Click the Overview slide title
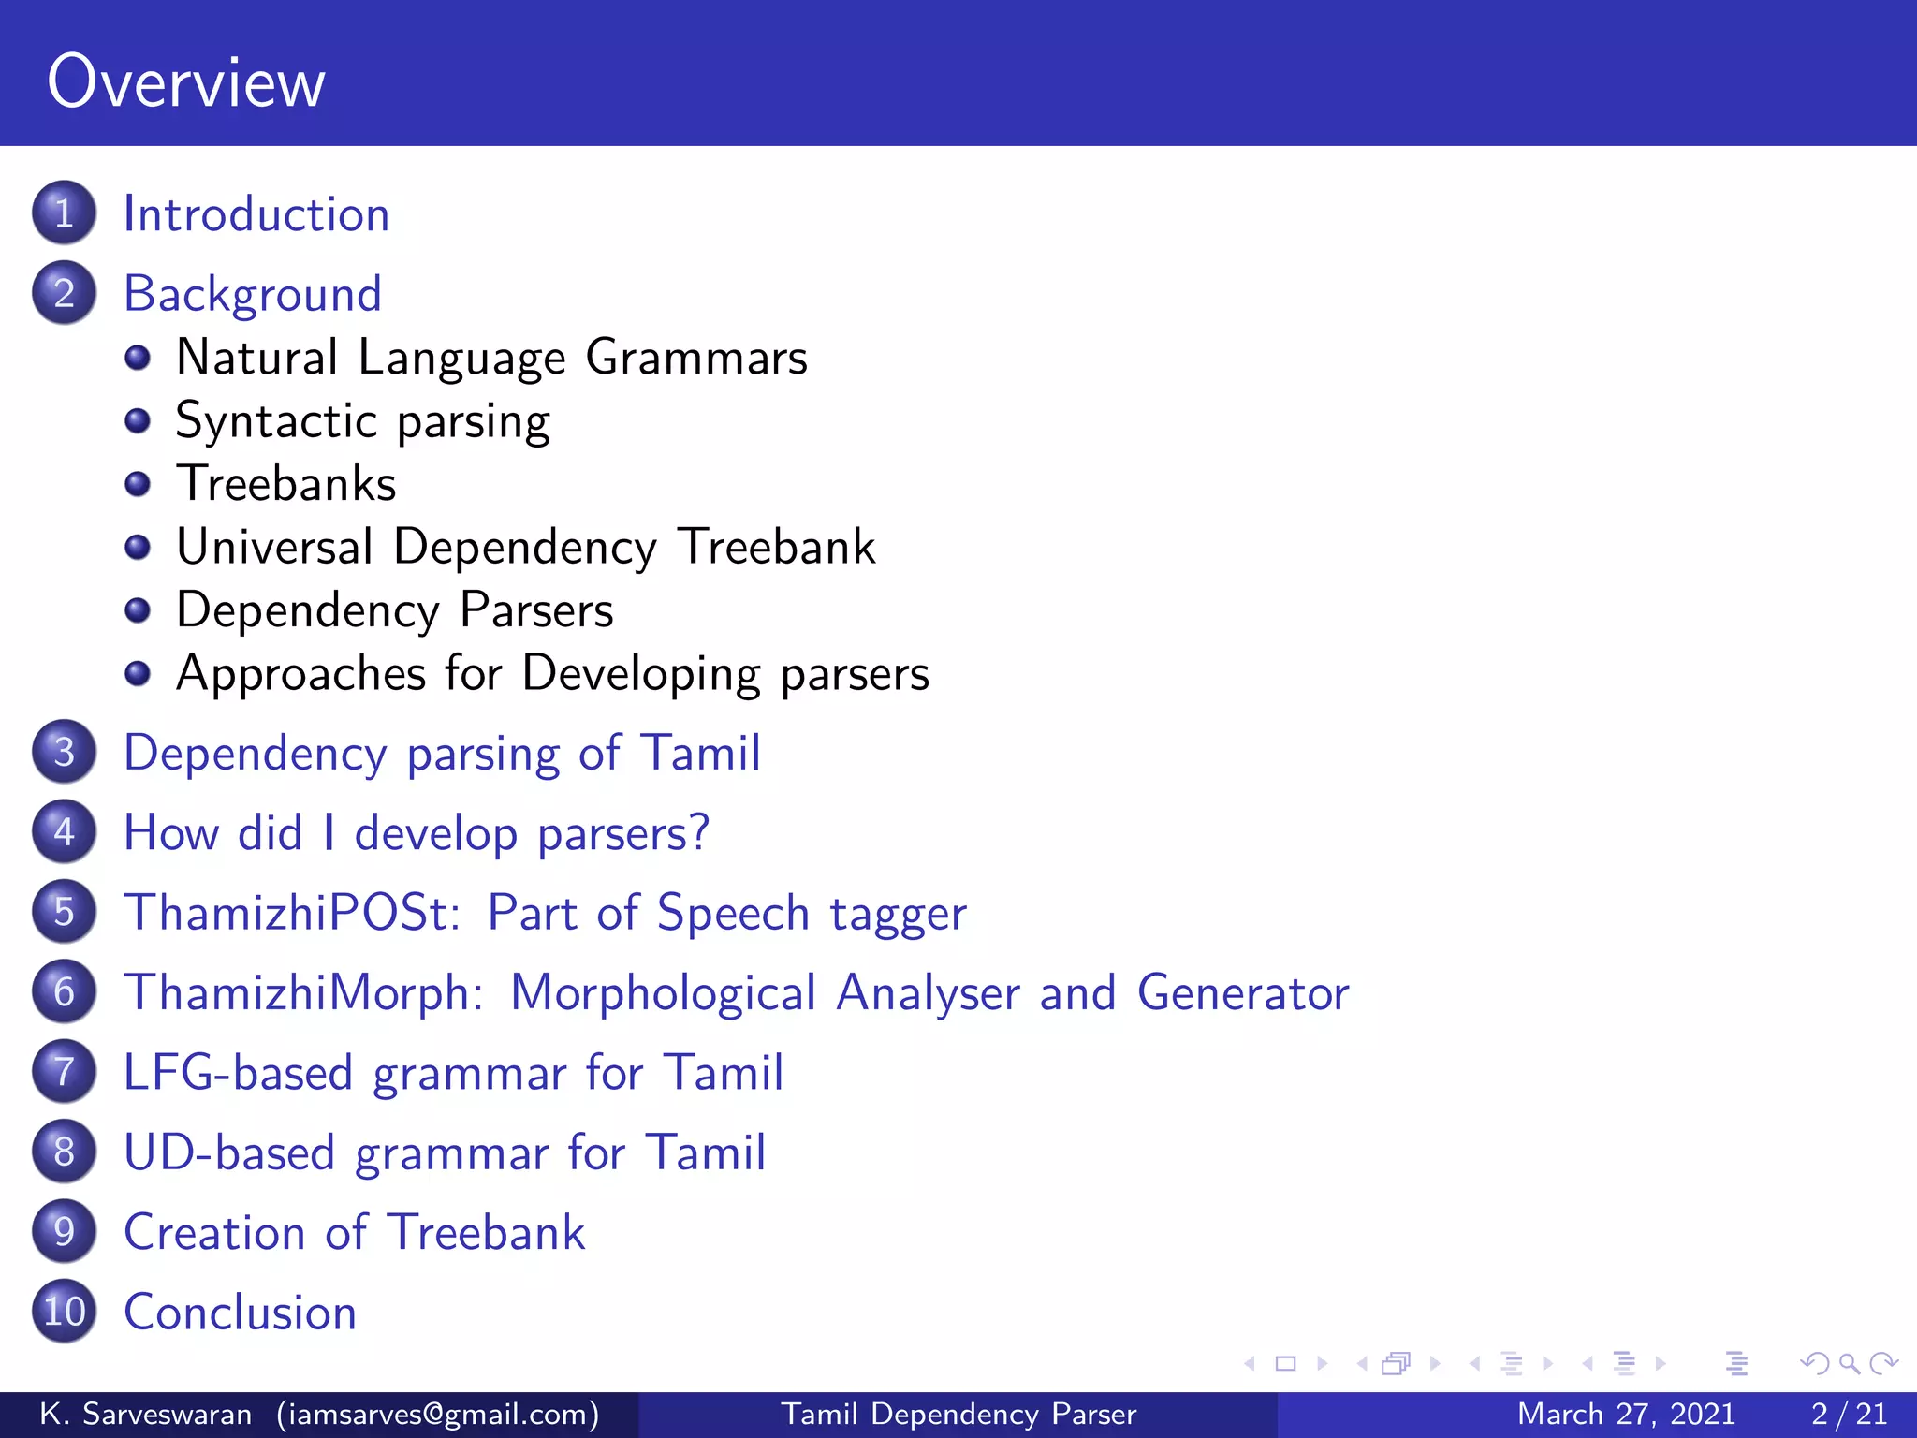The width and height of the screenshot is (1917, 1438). (186, 82)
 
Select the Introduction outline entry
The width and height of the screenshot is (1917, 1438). (256, 214)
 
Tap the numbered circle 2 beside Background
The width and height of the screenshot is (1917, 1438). (64, 293)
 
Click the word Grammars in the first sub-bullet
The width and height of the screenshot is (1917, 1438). (696, 358)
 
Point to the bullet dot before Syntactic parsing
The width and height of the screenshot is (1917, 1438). (138, 421)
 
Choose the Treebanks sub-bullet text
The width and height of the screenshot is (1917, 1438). (286, 484)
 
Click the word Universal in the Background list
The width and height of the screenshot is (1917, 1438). (274, 547)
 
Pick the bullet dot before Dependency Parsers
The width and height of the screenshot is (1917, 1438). (138, 610)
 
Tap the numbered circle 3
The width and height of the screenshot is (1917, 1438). (64, 752)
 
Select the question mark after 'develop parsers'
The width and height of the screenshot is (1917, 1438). (698, 832)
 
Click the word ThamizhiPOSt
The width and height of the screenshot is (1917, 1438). (292, 913)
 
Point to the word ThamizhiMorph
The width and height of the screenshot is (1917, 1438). (303, 992)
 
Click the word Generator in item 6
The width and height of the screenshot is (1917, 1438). (1243, 992)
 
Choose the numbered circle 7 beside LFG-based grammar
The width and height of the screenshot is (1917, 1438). (64, 1072)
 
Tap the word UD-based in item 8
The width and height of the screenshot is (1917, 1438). (228, 1152)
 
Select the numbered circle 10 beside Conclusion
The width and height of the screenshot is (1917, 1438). (64, 1312)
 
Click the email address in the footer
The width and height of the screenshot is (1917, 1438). (438, 1414)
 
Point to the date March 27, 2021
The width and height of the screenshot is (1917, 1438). (1626, 1414)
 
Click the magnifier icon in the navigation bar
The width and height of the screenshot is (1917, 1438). (1848, 1363)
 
